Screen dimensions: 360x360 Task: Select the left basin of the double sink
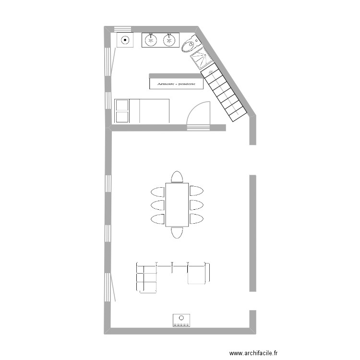pyautogui.click(x=151, y=40)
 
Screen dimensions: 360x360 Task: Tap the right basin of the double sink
pyautogui.click(x=169, y=40)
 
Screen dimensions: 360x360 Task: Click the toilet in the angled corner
pyautogui.click(x=189, y=45)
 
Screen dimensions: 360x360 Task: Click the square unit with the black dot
pyautogui.click(x=125, y=40)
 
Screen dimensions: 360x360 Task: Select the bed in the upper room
pyautogui.click(x=142, y=110)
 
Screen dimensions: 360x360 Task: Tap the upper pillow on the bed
pyautogui.click(x=122, y=105)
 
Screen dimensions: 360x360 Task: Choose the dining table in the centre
pyautogui.click(x=177, y=204)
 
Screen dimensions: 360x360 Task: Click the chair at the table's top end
pyautogui.click(x=177, y=177)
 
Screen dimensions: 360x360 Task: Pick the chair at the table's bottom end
pyautogui.click(x=177, y=233)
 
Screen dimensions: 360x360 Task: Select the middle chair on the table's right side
pyautogui.click(x=197, y=205)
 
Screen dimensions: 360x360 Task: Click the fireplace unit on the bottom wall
pyautogui.click(x=181, y=320)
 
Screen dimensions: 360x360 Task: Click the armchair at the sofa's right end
pyautogui.click(x=198, y=273)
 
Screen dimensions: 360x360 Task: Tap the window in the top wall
pyautogui.click(x=122, y=28)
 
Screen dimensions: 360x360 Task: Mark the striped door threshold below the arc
pyautogui.click(x=198, y=127)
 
